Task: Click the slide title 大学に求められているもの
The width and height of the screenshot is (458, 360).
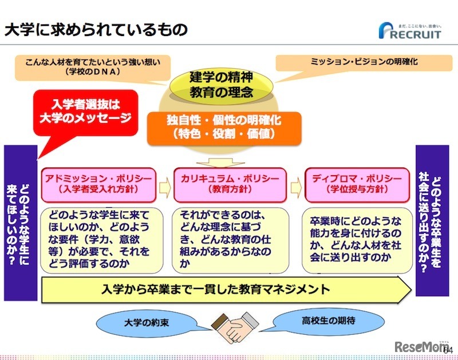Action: [96, 30]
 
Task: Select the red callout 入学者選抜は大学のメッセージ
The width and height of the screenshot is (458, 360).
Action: [86, 112]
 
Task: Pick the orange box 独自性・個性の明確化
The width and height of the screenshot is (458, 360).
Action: [224, 127]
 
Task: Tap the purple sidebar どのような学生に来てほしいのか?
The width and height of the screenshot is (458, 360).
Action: [20, 223]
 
